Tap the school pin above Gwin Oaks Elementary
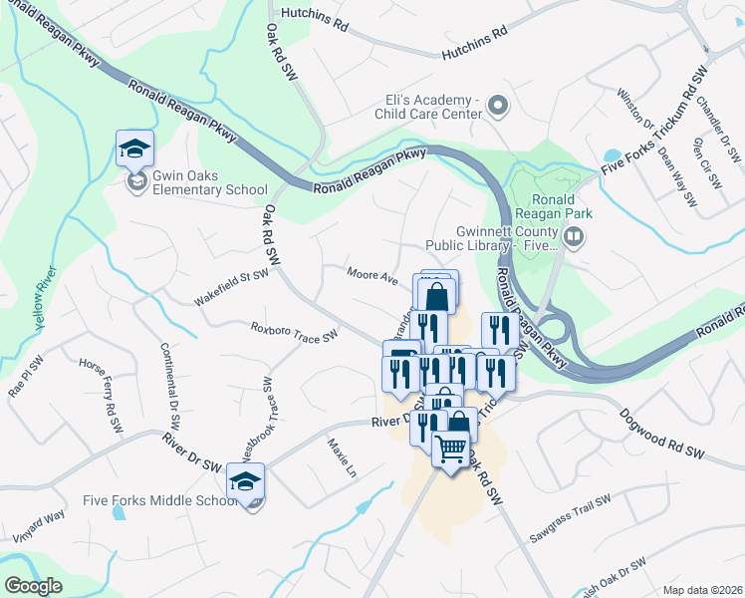[134, 149]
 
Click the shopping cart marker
[450, 450]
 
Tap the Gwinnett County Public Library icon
[573, 237]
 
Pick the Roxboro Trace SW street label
[295, 333]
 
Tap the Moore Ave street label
[372, 274]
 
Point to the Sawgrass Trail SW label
[570, 519]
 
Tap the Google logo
[34, 586]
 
